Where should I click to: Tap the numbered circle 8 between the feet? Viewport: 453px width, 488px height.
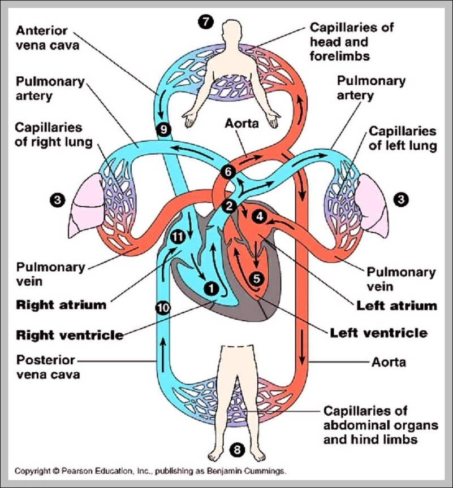click(238, 450)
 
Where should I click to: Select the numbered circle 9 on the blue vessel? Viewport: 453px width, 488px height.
click(163, 129)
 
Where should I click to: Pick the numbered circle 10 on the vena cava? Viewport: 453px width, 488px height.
click(162, 307)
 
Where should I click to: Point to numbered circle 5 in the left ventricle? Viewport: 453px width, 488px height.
click(256, 278)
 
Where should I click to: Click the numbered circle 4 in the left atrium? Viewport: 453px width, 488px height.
click(259, 216)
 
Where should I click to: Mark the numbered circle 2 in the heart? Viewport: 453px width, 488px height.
click(228, 206)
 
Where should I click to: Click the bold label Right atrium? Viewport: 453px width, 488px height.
click(61, 305)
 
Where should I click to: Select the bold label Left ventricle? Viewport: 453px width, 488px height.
click(378, 332)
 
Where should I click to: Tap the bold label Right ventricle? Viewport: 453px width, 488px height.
click(70, 334)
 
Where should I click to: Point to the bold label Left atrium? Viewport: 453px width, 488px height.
click(396, 306)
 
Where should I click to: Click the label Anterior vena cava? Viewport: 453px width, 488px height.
click(48, 38)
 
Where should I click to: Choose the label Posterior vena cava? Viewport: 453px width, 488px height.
click(48, 367)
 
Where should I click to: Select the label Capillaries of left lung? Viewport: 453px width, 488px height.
click(402, 138)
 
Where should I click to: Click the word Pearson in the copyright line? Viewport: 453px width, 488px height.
click(80, 470)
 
